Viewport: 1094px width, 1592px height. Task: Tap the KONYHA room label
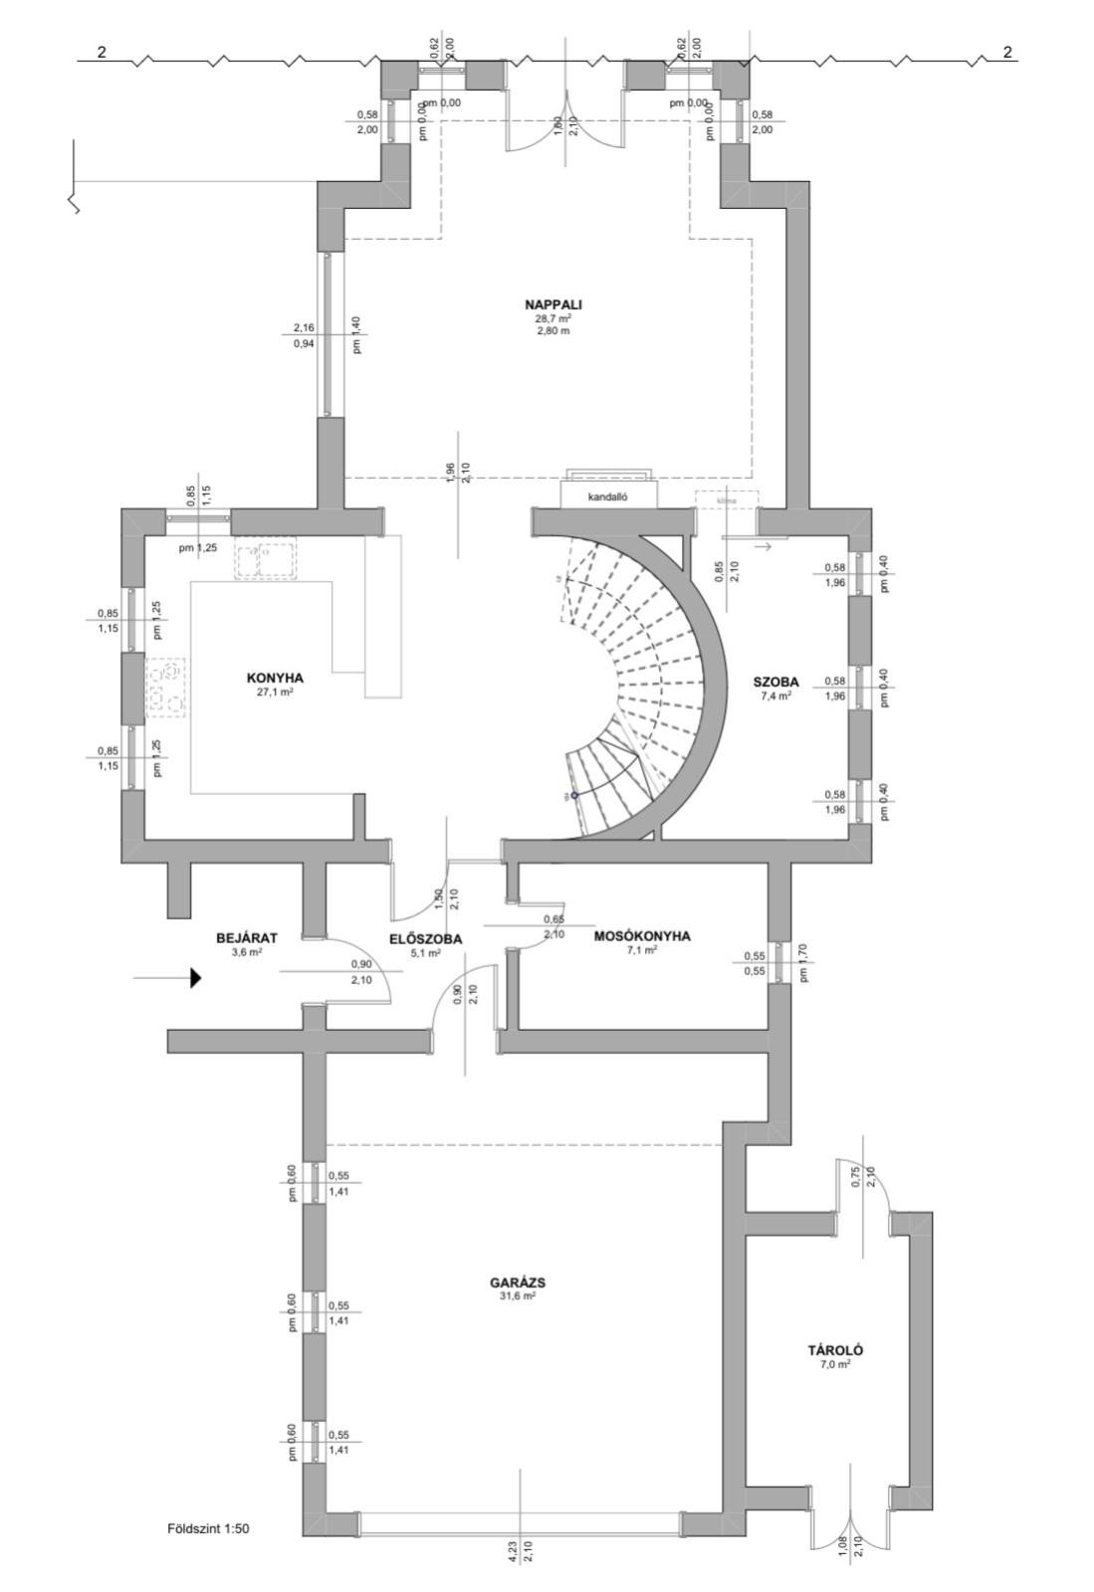tap(275, 678)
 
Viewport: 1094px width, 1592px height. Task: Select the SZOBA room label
tap(776, 682)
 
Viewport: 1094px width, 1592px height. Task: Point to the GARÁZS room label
tap(518, 1283)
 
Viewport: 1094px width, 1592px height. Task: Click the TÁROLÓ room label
tap(834, 1350)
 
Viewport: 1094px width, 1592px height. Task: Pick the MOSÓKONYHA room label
tap(642, 936)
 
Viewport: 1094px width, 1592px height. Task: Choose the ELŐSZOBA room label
tap(425, 937)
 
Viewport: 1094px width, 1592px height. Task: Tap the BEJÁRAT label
tap(246, 937)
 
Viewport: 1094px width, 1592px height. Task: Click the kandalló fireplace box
tap(608, 495)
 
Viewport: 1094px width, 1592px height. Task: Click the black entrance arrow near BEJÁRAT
tap(195, 978)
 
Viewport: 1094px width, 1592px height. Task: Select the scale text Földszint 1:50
tap(208, 1527)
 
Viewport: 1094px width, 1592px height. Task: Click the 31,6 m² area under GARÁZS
tap(518, 1296)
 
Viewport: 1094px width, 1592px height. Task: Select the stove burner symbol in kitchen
tap(166, 687)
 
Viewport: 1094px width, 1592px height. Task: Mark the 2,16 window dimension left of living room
tap(304, 327)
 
